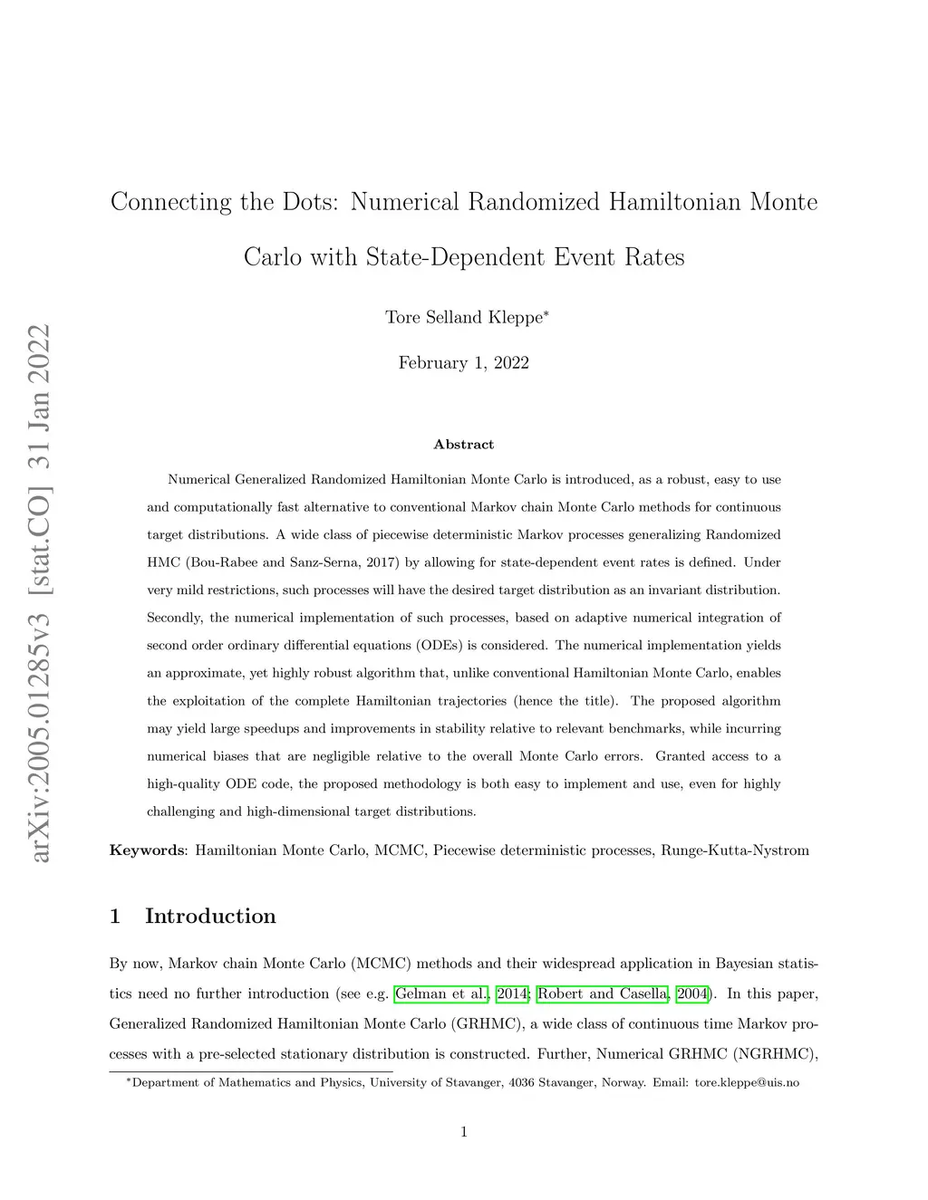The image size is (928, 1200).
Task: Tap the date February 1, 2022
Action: (x=464, y=363)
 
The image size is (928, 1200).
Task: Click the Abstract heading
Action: (x=464, y=445)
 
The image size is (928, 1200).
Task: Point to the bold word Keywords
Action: (x=148, y=850)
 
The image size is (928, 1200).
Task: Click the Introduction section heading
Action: (x=210, y=917)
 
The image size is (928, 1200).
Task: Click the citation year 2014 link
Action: (x=512, y=994)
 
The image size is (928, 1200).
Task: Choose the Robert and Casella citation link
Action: (x=603, y=994)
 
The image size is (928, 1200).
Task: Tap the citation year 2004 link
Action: (x=692, y=994)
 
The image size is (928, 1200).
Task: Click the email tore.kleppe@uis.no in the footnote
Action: (x=747, y=1083)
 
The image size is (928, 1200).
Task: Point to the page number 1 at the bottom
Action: (x=464, y=1131)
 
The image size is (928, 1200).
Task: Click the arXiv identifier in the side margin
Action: (x=41, y=593)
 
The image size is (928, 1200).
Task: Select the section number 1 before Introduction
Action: (x=115, y=917)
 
